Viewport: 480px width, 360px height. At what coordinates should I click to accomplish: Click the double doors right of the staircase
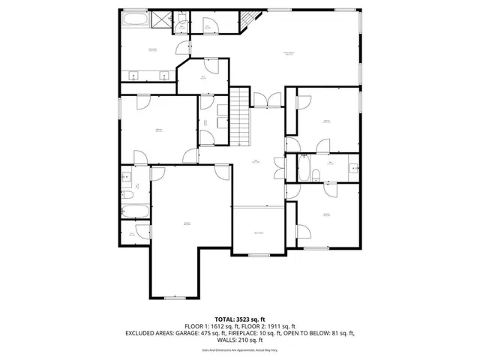tap(266, 98)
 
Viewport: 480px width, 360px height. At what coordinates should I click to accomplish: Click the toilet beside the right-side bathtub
tap(316, 175)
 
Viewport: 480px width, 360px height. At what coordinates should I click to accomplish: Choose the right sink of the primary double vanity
tap(165, 74)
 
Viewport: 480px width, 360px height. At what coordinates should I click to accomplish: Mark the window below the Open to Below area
tap(259, 256)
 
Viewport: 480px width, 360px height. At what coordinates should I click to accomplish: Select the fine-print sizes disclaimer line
tap(240, 349)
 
